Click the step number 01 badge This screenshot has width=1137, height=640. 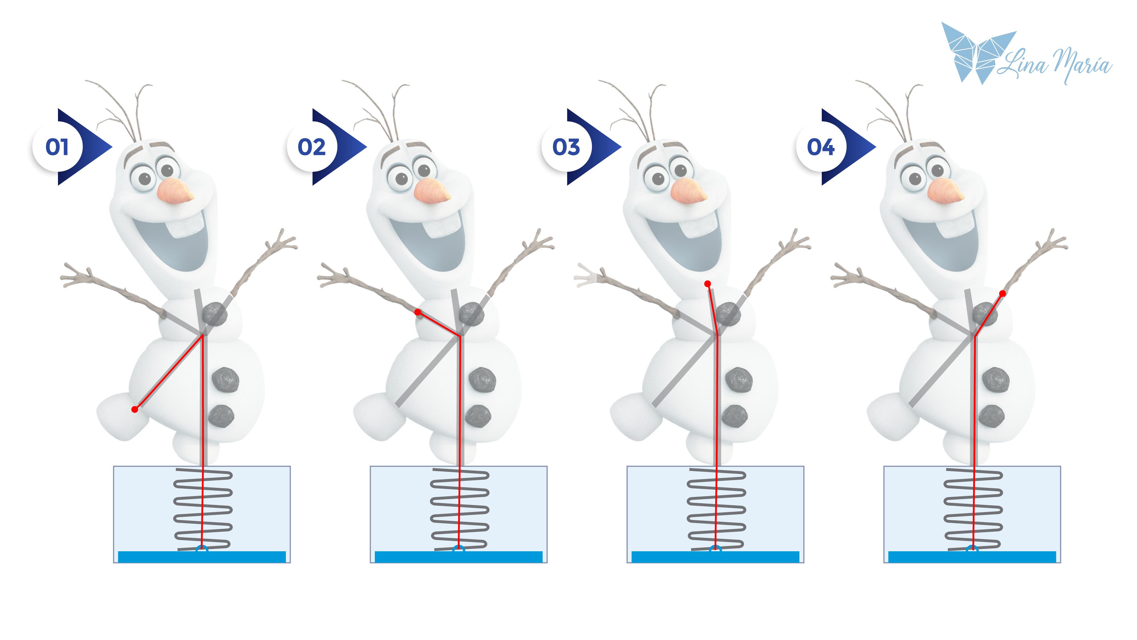tap(57, 147)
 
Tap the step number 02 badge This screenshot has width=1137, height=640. tap(312, 147)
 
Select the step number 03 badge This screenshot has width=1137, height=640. tap(566, 147)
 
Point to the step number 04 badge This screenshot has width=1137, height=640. tap(821, 147)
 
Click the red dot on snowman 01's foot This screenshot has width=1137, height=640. tap(135, 409)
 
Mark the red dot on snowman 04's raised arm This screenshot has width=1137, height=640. tap(1002, 293)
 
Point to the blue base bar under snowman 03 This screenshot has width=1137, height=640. tap(715, 557)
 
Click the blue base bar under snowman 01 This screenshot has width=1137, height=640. tap(202, 557)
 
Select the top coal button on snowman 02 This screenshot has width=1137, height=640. tap(472, 314)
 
